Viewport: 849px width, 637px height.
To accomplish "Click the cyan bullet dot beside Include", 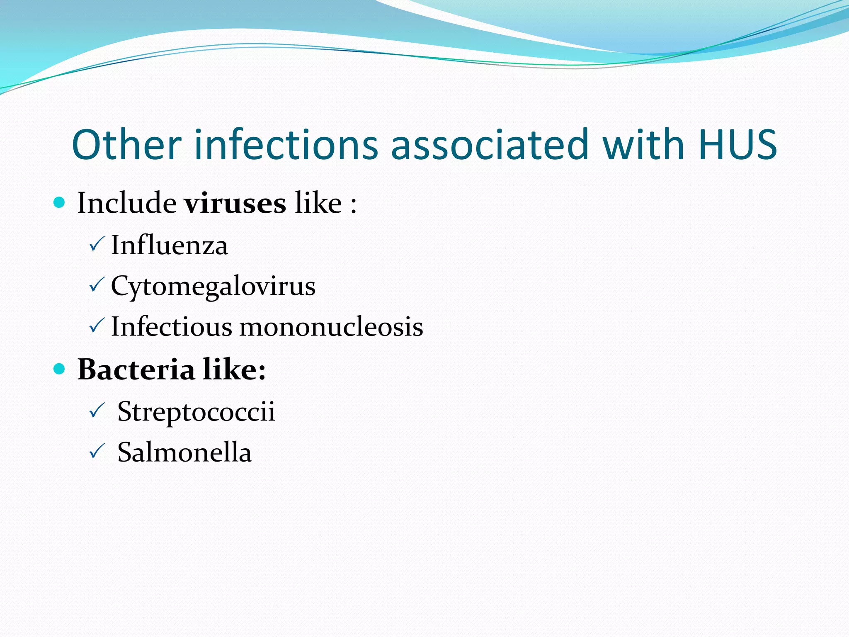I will (x=60, y=202).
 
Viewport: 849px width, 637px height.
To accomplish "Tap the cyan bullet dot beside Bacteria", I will (x=60, y=368).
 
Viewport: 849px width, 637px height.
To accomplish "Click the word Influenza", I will (x=169, y=245).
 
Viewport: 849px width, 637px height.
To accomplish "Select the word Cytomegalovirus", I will (x=213, y=286).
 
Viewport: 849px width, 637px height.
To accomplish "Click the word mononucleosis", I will (x=331, y=327).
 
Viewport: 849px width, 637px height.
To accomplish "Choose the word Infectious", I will (x=171, y=327).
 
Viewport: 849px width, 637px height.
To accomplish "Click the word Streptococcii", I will (x=196, y=411).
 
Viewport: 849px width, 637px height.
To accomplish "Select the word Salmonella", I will (x=184, y=452).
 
